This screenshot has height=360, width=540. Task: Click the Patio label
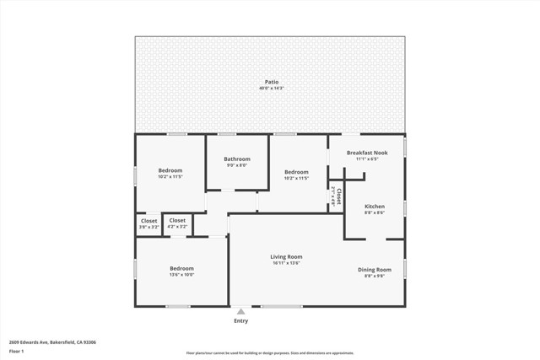tap(271, 82)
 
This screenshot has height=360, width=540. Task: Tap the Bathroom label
tap(237, 159)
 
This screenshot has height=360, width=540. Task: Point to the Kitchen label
tap(374, 206)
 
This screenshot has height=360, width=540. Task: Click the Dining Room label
tap(375, 269)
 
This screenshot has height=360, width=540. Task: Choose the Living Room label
tap(286, 256)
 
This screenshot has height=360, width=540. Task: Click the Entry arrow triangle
tap(241, 311)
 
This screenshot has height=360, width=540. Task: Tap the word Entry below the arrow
tap(241, 321)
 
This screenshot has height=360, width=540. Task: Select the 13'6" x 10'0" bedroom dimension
tap(181, 275)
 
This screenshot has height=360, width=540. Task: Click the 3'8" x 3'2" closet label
tap(148, 227)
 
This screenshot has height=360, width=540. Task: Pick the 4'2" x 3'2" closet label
tap(177, 227)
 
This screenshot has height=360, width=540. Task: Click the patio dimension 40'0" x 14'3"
tap(271, 89)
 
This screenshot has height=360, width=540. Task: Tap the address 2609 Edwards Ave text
tap(52, 342)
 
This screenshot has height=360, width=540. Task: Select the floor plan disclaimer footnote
tap(270, 353)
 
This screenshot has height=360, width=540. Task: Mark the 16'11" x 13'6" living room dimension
tap(286, 263)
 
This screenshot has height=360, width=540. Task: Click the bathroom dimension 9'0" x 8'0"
tap(237, 165)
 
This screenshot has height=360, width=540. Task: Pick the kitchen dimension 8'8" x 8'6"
tap(374, 212)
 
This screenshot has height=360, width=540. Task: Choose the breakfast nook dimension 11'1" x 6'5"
tap(367, 159)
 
